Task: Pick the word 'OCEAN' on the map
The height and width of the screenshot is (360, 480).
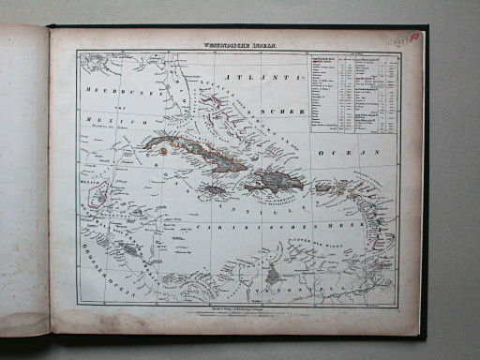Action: pyautogui.click(x=361, y=151)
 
